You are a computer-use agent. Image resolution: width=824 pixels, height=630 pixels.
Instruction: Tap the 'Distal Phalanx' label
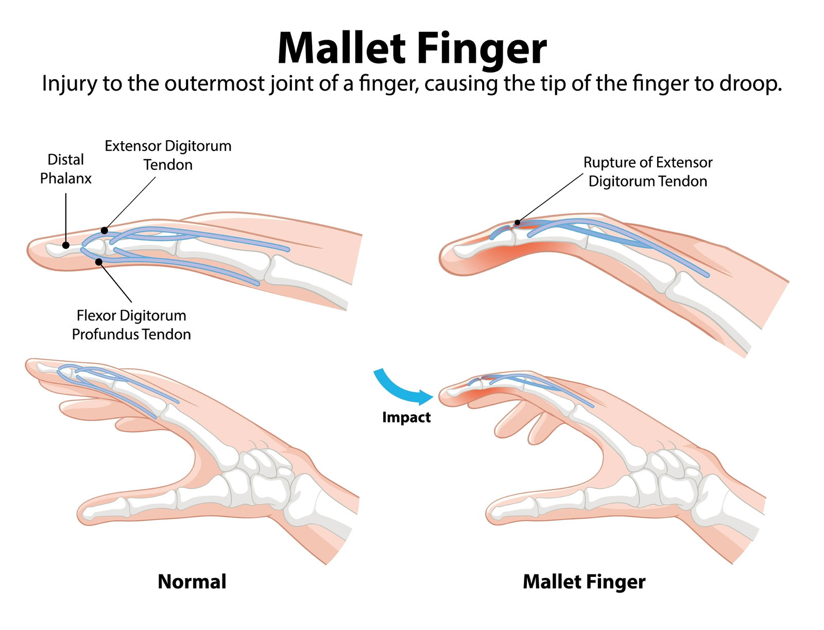click(x=65, y=168)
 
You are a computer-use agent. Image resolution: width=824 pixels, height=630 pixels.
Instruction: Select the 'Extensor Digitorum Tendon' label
click(x=168, y=155)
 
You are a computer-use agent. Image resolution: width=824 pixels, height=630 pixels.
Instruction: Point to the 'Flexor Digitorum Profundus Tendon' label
click(x=131, y=325)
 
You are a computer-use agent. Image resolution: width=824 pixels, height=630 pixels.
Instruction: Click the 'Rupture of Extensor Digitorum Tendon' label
click(x=647, y=172)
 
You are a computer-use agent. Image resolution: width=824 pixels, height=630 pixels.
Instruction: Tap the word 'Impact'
click(x=406, y=417)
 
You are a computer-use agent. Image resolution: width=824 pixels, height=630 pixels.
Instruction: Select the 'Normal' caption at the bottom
click(x=192, y=582)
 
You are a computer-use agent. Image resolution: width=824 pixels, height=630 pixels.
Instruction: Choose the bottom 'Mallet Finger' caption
click(x=583, y=582)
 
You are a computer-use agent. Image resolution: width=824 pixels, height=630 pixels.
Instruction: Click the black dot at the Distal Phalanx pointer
click(x=66, y=245)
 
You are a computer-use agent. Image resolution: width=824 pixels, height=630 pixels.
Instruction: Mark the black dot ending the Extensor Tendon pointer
click(x=105, y=230)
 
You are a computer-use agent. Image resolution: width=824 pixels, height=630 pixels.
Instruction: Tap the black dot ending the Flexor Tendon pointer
click(x=99, y=262)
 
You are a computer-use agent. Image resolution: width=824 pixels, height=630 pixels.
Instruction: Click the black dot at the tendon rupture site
click(x=517, y=223)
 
